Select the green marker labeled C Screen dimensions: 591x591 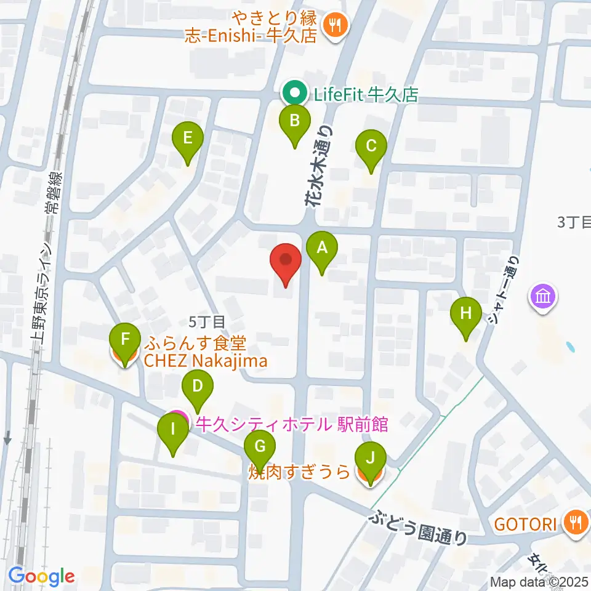(371, 147)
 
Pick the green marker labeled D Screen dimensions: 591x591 (198, 387)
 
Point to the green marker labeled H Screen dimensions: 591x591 (466, 313)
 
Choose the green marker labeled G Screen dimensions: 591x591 (260, 445)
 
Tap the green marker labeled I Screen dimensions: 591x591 (173, 430)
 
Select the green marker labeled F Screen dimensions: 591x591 (124, 340)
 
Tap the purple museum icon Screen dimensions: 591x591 (544, 297)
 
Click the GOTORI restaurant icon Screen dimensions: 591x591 (576, 524)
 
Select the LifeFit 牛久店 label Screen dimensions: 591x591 (366, 95)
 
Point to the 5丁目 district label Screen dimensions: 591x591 (207, 321)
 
